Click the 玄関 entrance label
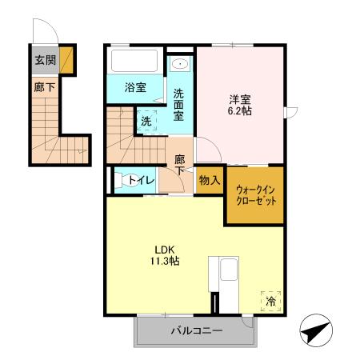[x=45, y=60]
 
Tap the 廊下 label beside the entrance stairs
[x=45, y=87]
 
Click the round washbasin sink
[x=181, y=64]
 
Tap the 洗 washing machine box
[x=146, y=122]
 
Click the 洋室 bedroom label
[x=239, y=100]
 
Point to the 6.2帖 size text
[x=239, y=114]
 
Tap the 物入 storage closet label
[x=210, y=181]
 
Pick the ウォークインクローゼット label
[x=256, y=195]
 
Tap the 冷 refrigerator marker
[x=271, y=301]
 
